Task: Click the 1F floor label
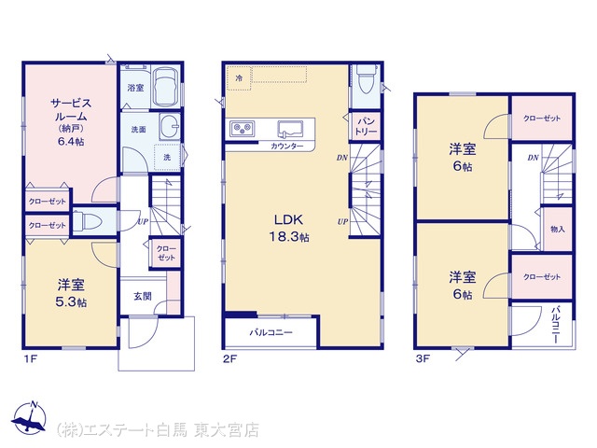[x=31, y=358]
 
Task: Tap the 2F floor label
[x=229, y=358]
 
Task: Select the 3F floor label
[x=423, y=358]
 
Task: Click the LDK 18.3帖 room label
[x=288, y=228]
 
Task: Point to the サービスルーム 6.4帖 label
[x=71, y=122]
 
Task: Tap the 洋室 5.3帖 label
[x=71, y=293]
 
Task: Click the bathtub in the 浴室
[x=166, y=88]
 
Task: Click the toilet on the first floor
[x=87, y=221]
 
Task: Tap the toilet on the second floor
[x=365, y=78]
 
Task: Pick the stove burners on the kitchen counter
[x=242, y=128]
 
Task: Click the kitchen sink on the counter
[x=290, y=129]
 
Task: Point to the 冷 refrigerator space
[x=239, y=78]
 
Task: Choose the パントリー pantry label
[x=365, y=127]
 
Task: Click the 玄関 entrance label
[x=143, y=296]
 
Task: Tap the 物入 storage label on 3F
[x=557, y=229]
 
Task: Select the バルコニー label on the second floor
[x=271, y=332]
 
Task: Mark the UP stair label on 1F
[x=143, y=221]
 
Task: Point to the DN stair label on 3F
[x=533, y=158]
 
